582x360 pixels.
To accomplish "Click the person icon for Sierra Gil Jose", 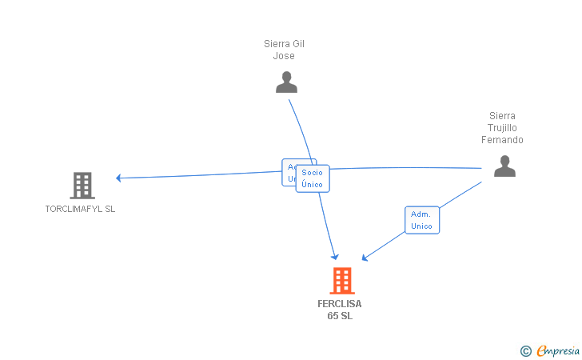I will [x=286, y=82].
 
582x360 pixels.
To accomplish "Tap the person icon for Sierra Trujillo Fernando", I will [x=504, y=166].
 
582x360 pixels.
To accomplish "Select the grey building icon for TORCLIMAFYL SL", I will [x=82, y=186].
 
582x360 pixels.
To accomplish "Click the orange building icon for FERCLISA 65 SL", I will [x=341, y=281].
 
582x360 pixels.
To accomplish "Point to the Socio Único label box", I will [x=313, y=178].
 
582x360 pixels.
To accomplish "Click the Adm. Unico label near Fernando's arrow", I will [x=421, y=220].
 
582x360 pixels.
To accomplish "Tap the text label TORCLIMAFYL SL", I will [x=80, y=209].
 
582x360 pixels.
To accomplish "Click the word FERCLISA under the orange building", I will [x=340, y=304].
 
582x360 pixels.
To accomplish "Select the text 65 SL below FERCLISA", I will [x=340, y=316].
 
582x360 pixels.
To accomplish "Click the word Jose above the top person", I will [x=284, y=56].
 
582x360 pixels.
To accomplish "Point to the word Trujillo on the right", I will [x=502, y=128].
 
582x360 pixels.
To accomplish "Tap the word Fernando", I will [x=502, y=140].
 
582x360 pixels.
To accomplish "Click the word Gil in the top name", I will [x=297, y=44].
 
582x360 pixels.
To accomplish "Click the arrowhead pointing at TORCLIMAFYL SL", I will [x=118, y=178].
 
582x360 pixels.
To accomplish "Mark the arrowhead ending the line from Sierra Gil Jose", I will [x=336, y=256].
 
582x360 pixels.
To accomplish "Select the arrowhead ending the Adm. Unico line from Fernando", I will [x=365, y=258].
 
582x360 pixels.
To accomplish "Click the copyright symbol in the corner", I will [x=525, y=350].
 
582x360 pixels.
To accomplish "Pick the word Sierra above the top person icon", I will [x=277, y=44].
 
